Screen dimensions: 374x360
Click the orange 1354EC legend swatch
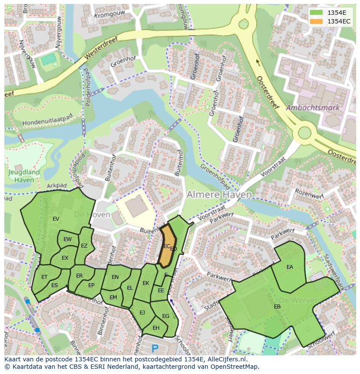tap(317, 21)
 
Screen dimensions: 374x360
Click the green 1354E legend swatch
tap(317, 12)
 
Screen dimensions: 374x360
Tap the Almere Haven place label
tap(219, 195)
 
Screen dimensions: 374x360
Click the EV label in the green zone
tap(56, 219)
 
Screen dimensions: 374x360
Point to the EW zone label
tap(67, 239)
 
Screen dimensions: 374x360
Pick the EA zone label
tap(290, 267)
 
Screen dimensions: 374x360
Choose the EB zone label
tap(277, 307)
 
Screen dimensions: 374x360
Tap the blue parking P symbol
tap(155, 348)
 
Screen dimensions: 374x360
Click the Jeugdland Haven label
tap(24, 175)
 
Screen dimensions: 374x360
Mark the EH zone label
tap(156, 328)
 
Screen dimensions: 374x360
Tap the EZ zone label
tap(84, 246)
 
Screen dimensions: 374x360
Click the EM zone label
tap(113, 298)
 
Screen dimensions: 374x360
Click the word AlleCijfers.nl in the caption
tap(226, 359)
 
